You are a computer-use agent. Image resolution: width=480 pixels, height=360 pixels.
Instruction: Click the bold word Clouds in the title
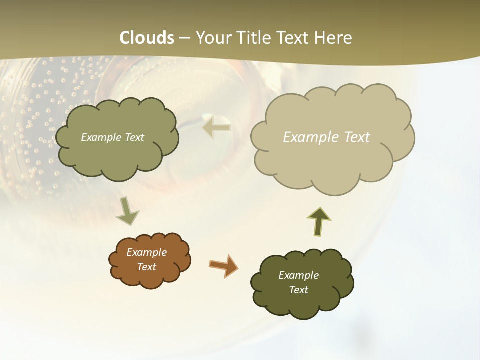[x=147, y=38]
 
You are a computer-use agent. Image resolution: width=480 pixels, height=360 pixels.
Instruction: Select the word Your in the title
[x=212, y=38]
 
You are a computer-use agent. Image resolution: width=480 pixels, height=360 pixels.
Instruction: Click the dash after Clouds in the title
[x=185, y=38]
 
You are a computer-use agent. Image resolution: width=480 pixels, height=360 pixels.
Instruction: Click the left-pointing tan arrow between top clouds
[x=217, y=128]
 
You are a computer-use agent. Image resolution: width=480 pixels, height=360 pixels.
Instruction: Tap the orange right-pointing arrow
[x=223, y=265]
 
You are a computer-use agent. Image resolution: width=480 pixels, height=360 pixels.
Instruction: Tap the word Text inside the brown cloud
[x=147, y=267]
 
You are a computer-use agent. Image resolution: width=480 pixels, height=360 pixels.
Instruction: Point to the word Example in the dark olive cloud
[x=298, y=275]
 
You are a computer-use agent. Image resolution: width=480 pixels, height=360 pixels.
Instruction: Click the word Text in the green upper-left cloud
[x=133, y=137]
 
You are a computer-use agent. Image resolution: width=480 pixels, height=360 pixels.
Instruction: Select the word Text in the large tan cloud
[x=357, y=137]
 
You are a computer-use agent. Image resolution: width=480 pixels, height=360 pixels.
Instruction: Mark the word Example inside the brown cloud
[x=147, y=252]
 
